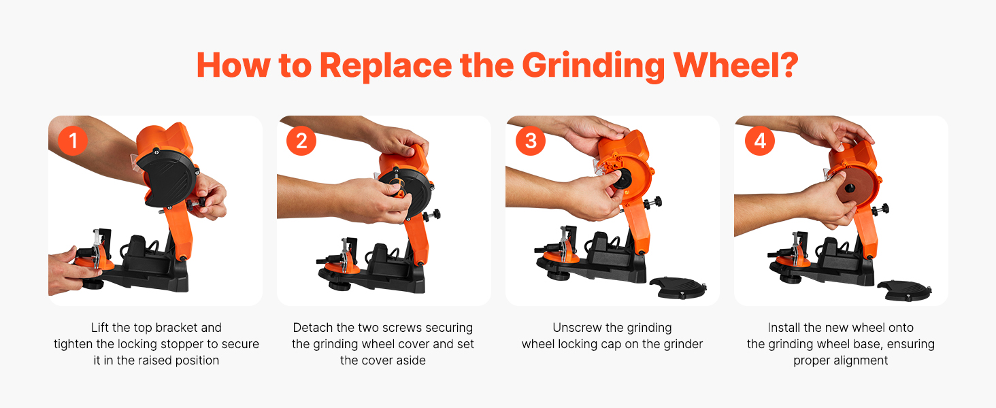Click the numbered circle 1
[x=73, y=141]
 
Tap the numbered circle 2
[x=301, y=141]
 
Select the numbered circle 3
[x=531, y=141]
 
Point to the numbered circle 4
[x=760, y=141]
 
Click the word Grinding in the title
[x=593, y=67]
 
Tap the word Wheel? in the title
[x=736, y=65]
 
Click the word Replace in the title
[x=386, y=67]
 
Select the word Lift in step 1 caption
[x=99, y=328]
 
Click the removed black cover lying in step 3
[x=678, y=287]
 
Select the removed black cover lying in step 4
[x=904, y=290]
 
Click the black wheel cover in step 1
[x=167, y=177]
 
